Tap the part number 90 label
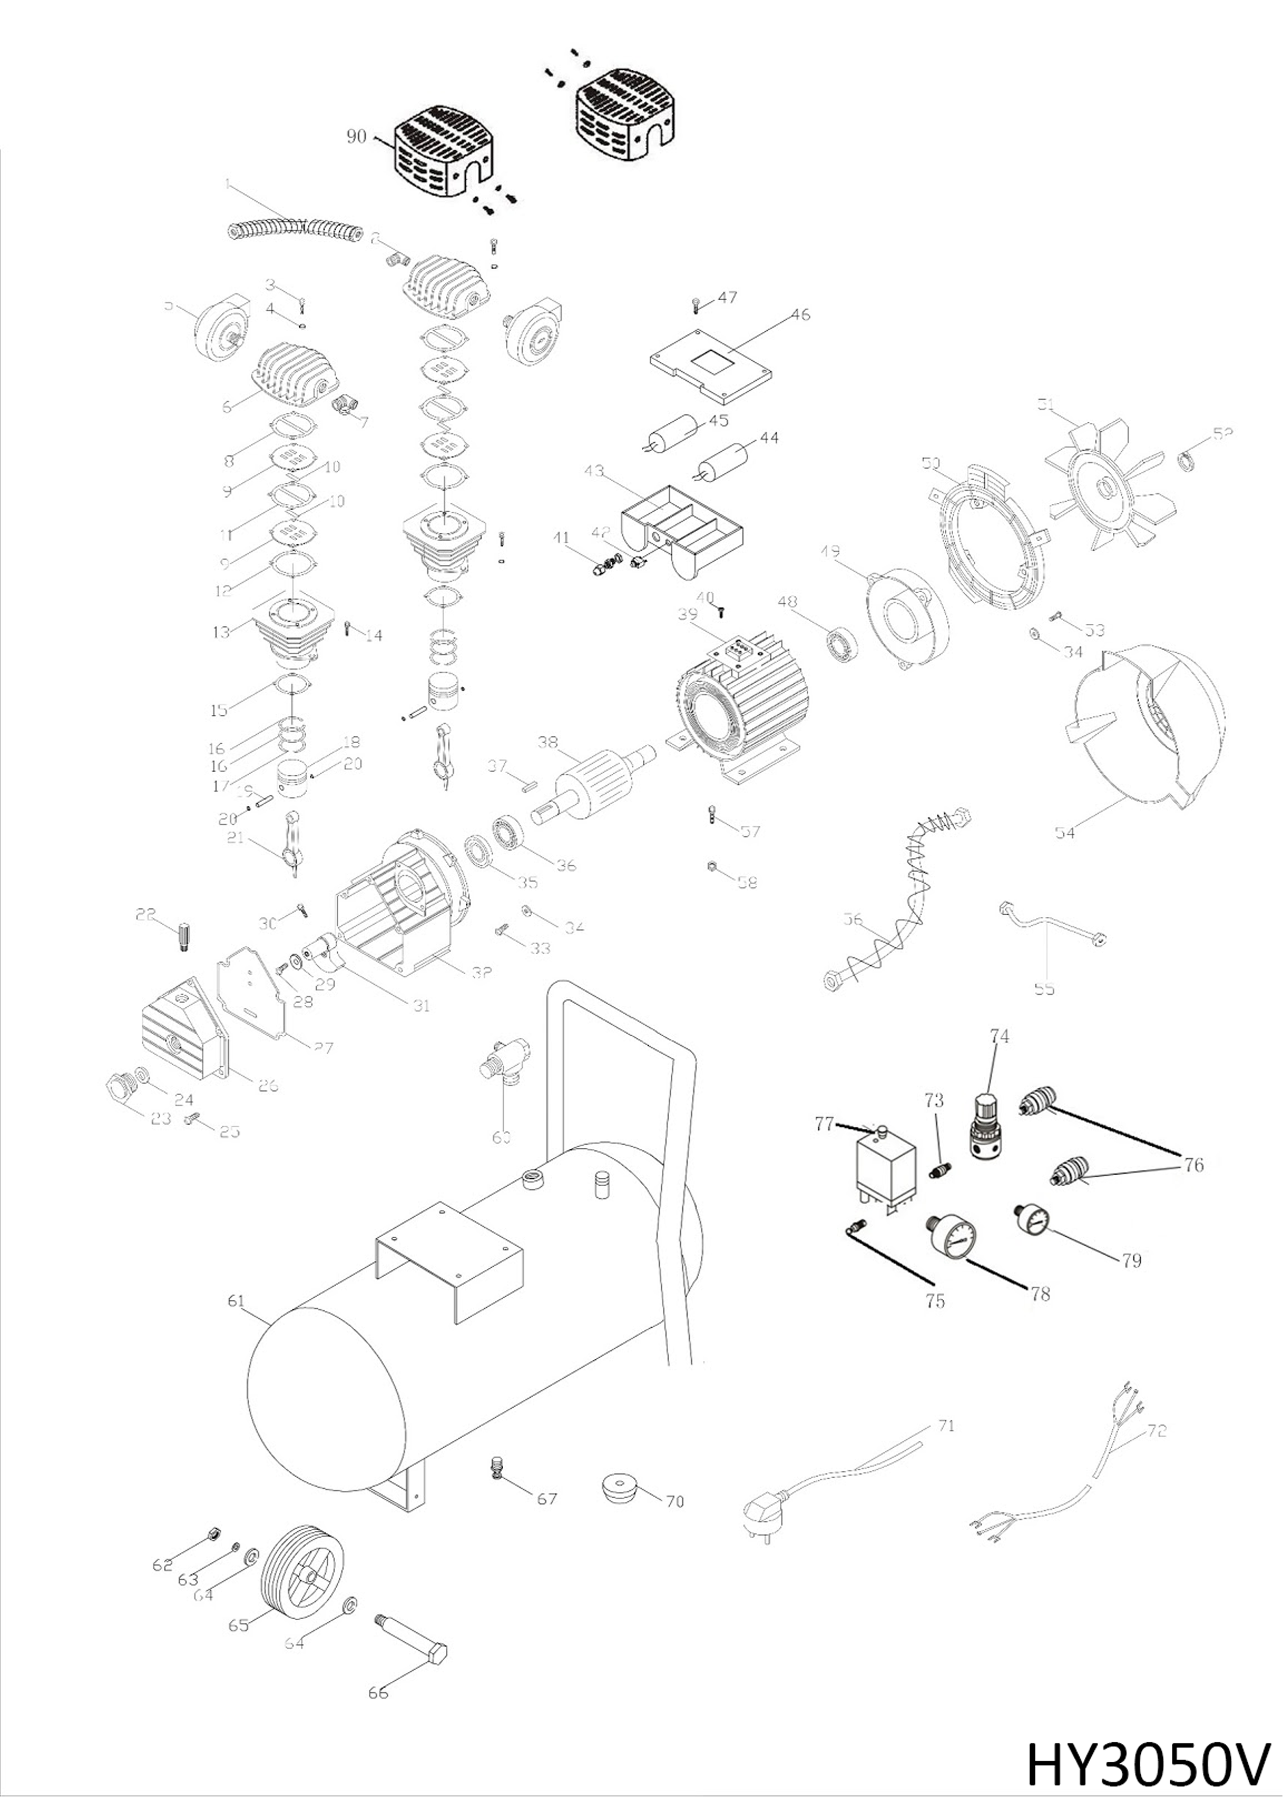pos(356,136)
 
